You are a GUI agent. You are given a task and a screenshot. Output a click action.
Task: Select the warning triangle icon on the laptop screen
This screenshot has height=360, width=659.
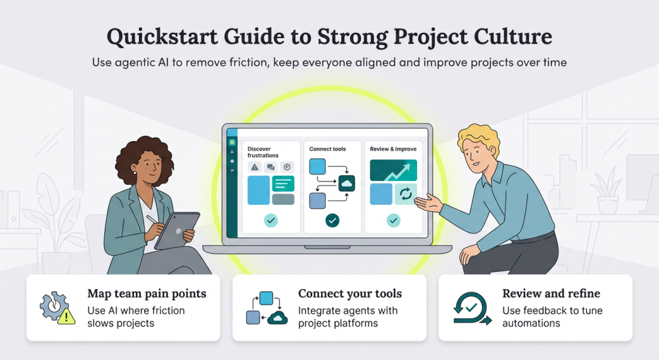[255, 167]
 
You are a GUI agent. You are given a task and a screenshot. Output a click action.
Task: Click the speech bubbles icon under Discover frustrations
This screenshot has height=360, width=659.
[271, 167]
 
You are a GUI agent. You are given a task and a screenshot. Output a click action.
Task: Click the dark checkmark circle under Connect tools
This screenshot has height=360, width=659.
[332, 220]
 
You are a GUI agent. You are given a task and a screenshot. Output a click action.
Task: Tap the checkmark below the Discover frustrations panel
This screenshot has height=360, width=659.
[270, 221]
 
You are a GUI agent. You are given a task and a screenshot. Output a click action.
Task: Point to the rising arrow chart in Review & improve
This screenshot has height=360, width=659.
[393, 170]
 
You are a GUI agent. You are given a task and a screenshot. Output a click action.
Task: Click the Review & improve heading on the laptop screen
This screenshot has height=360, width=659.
[393, 149]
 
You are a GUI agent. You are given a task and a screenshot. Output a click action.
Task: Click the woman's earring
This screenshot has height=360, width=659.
[135, 173]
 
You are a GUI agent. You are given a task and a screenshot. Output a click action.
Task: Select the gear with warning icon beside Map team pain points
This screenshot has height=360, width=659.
[55, 308]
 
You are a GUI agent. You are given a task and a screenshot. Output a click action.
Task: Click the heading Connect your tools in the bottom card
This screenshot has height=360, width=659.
[350, 294]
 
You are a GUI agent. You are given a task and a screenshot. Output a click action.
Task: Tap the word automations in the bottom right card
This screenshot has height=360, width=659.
[532, 323]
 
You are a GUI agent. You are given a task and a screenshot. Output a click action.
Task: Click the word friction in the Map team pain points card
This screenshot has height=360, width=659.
[163, 310]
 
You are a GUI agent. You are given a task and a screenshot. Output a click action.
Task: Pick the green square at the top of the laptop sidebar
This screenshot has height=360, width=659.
[232, 142]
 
